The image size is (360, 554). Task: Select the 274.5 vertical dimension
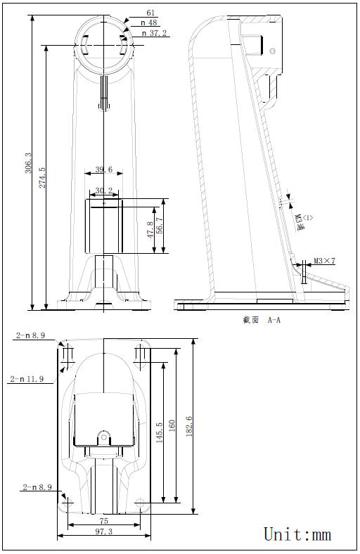pyautogui.click(x=41, y=179)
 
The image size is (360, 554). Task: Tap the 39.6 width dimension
pyautogui.click(x=103, y=170)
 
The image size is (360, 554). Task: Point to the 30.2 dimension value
pyautogui.click(x=103, y=191)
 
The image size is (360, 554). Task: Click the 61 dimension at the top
pyautogui.click(x=150, y=13)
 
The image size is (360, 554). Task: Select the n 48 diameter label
pyautogui.click(x=150, y=22)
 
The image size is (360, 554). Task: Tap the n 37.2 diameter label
pyautogui.click(x=154, y=33)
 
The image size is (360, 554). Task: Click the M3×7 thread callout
pyautogui.click(x=324, y=262)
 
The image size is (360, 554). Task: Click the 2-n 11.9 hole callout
pyautogui.click(x=27, y=379)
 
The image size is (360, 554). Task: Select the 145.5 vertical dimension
pyautogui.click(x=160, y=432)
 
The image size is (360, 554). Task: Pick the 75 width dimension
pyautogui.click(x=103, y=521)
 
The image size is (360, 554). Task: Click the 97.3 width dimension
pyautogui.click(x=103, y=532)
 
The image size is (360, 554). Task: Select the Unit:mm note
pyautogui.click(x=297, y=534)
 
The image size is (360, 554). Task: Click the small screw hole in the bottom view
pyautogui.click(x=103, y=437)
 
